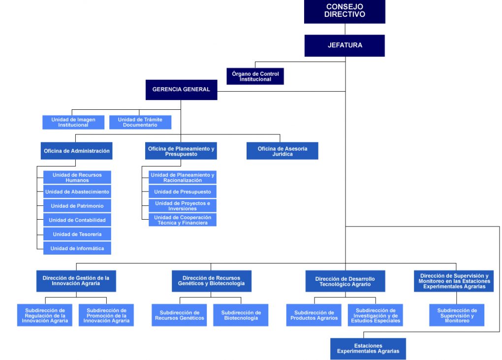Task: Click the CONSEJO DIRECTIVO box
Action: point(345,11)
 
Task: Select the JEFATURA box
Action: point(345,45)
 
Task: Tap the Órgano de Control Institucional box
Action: point(255,76)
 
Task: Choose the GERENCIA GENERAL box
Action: point(181,90)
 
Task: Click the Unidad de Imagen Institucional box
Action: point(73,122)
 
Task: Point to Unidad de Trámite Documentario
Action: point(140,122)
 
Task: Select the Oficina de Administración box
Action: point(76,151)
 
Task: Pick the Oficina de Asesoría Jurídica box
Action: point(282,151)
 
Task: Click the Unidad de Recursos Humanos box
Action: point(77,177)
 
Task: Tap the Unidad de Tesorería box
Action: point(77,234)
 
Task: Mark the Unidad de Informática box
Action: point(77,248)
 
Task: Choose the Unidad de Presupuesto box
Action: point(183,192)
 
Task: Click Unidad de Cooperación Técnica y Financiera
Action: point(183,220)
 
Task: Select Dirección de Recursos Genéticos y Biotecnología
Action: point(211,281)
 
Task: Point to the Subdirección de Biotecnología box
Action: point(241,315)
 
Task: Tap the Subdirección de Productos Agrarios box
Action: point(314,315)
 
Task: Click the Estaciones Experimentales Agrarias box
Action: point(368,349)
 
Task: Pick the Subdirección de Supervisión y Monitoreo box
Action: point(457,315)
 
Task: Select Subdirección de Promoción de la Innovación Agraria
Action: point(106,315)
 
